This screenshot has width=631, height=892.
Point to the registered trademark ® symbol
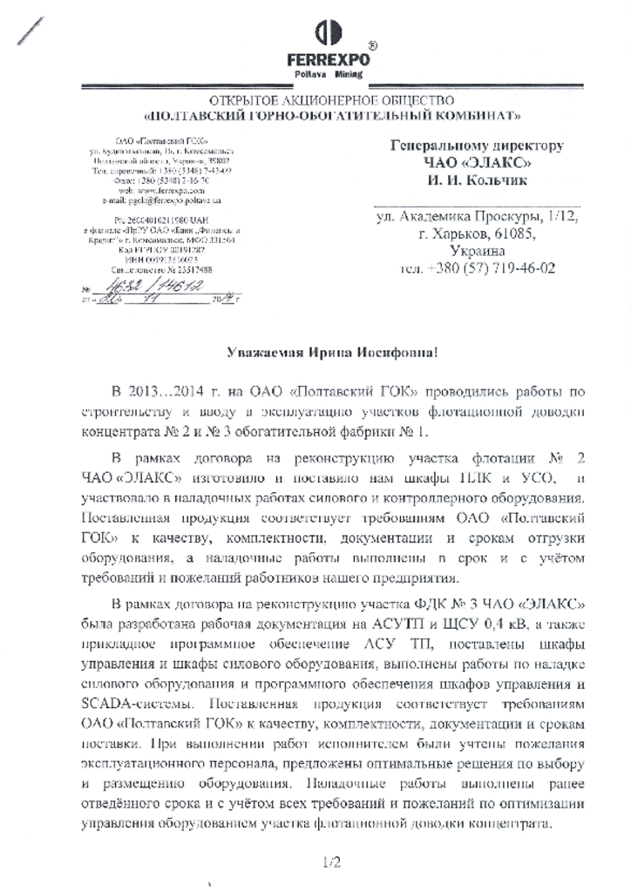click(373, 45)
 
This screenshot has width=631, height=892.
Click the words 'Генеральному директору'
click(476, 145)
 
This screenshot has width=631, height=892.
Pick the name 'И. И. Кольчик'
click(475, 181)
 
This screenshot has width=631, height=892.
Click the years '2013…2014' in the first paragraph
click(166, 387)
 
